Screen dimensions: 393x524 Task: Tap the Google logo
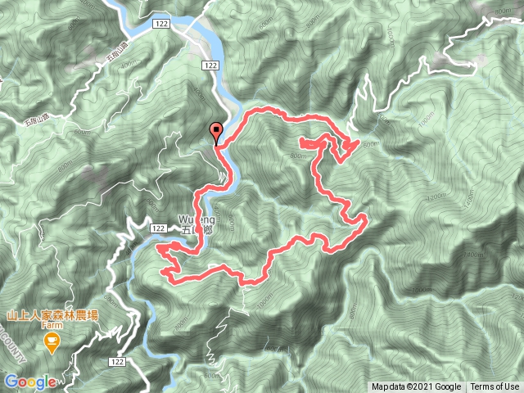30,382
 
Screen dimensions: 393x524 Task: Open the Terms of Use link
494,387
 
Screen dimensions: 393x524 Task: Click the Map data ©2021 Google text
416,387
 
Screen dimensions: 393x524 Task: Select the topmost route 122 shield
161,26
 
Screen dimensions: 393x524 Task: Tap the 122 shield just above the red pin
212,65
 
